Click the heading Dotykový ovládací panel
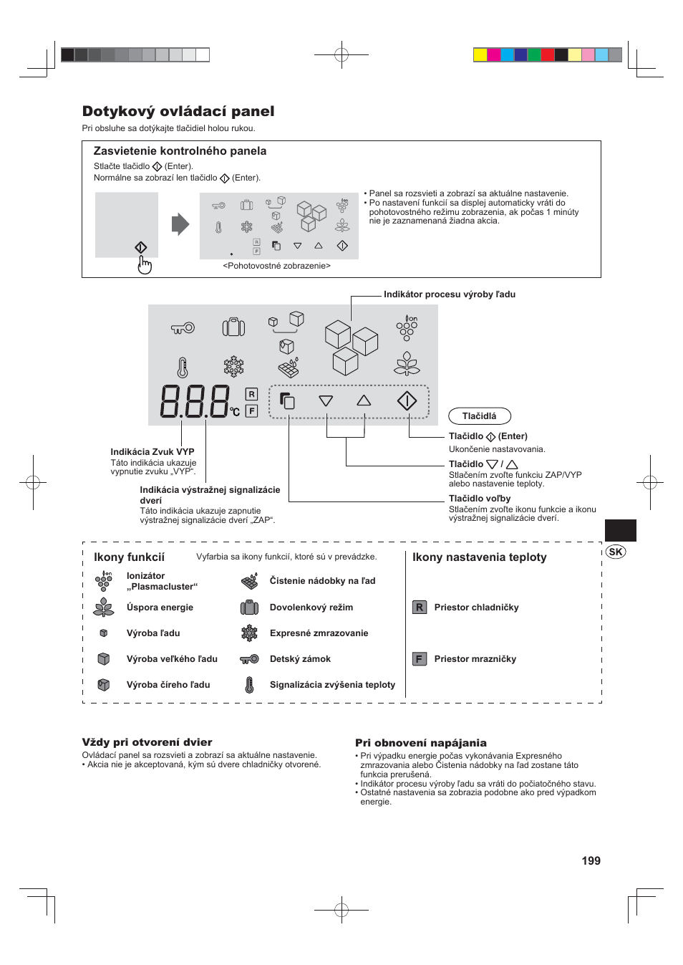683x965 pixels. pos(178,111)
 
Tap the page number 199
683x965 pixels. pos(591,860)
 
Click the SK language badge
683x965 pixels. pos(615,552)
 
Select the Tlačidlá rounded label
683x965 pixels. pos(479,416)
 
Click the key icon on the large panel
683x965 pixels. pos(183,328)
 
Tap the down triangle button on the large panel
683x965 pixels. pos(326,401)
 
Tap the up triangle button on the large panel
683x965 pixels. pos(364,400)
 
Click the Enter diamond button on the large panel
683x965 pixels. pos(407,401)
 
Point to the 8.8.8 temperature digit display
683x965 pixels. pos(195,402)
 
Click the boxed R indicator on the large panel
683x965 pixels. pos(251,394)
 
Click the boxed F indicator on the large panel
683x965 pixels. pos(251,411)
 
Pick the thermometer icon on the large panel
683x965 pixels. pos(183,368)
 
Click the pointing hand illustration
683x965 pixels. pos(145,266)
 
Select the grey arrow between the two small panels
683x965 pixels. pos(180,224)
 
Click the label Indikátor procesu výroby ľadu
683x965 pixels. pos(449,294)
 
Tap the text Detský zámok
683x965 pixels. pos(300,659)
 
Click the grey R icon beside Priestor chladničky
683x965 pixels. pos(420,608)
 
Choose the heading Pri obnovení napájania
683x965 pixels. pos(420,743)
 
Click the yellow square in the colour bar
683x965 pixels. pos(480,55)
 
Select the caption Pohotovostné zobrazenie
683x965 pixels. pos(276,266)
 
